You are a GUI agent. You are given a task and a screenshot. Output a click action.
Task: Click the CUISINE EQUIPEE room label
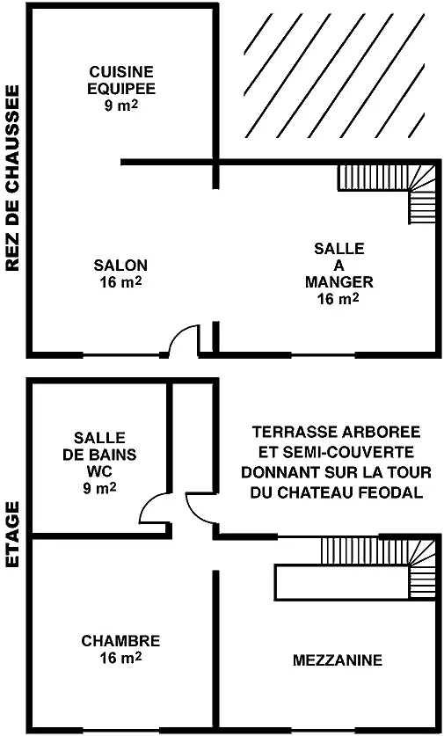121,80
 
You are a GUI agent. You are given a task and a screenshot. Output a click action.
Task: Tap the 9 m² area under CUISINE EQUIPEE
121,106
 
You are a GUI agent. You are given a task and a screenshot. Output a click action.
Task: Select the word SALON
120,266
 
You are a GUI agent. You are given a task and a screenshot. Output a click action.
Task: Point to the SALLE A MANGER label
338,266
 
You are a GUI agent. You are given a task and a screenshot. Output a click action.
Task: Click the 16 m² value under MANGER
338,298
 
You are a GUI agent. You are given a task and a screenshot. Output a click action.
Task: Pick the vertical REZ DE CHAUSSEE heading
12,178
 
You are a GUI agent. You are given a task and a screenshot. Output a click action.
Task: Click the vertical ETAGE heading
12,535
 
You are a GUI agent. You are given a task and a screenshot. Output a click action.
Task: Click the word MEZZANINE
338,660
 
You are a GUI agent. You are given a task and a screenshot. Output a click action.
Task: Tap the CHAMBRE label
120,641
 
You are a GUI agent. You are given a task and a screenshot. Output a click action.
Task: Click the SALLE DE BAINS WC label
99,463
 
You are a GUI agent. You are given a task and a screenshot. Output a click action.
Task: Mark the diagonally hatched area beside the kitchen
334,76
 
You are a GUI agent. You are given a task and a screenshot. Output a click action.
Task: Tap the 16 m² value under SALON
120,282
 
